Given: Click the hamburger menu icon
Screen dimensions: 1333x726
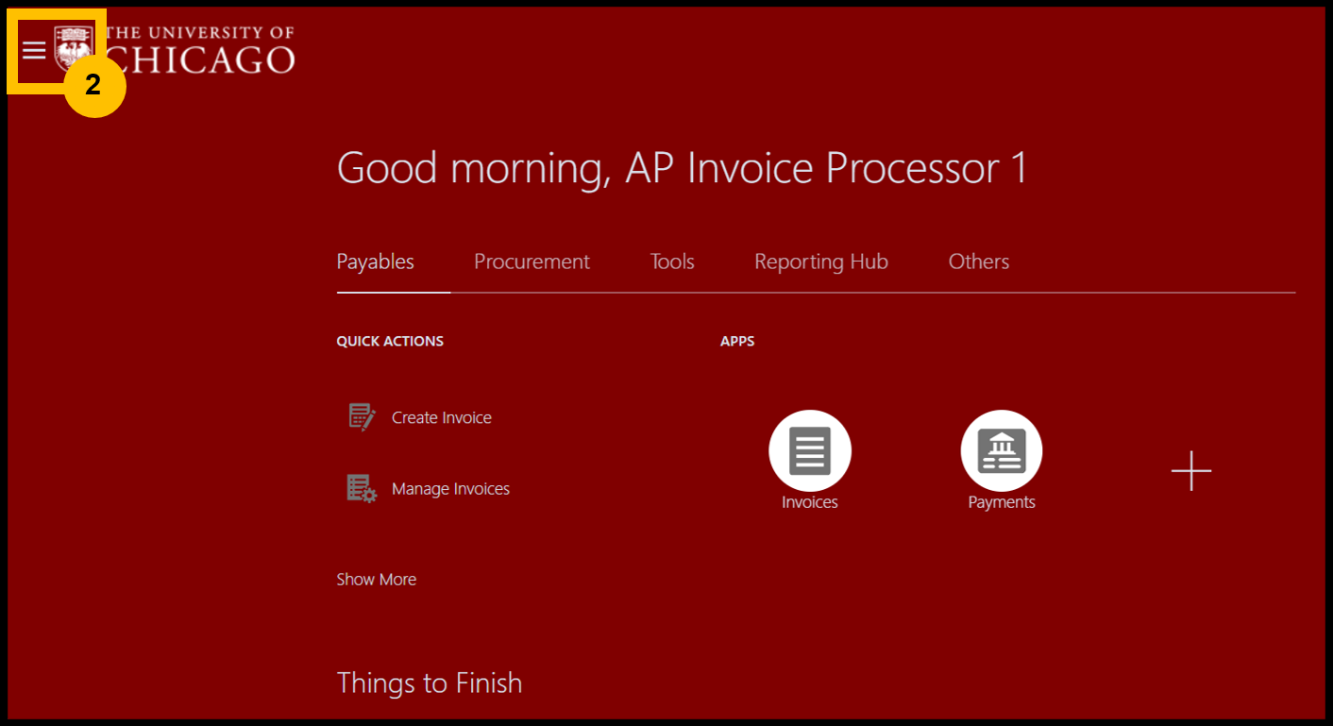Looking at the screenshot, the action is tap(34, 51).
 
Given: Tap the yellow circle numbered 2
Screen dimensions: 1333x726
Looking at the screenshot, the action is tap(94, 86).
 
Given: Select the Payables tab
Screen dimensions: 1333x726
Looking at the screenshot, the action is tap(375, 262).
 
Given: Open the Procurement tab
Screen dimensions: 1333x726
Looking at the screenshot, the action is tap(532, 262).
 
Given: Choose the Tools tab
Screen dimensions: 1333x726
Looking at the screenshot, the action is tap(672, 262).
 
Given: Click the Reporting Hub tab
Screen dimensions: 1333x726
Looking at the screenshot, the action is tap(821, 262).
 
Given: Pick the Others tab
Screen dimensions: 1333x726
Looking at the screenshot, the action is tap(978, 262).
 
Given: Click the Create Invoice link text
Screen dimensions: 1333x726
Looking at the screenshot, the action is tap(442, 417).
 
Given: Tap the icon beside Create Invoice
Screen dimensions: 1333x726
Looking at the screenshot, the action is tap(362, 416).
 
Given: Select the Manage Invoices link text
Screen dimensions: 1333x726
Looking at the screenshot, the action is tap(450, 489).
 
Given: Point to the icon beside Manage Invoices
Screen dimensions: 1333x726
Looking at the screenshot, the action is tap(362, 488).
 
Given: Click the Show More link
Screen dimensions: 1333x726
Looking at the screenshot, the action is tap(376, 580).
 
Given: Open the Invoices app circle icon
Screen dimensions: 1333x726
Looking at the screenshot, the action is tap(809, 450).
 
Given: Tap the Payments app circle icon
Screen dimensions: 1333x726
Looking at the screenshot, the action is tap(1001, 450).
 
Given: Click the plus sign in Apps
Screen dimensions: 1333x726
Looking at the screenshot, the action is tap(1190, 471).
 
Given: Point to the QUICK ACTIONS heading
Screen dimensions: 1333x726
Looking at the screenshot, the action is tap(390, 341).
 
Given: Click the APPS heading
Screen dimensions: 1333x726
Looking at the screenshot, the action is tap(736, 341).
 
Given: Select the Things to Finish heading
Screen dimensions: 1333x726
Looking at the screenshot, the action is tap(429, 684).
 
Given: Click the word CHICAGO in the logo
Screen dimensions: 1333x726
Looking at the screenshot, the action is tap(199, 59).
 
